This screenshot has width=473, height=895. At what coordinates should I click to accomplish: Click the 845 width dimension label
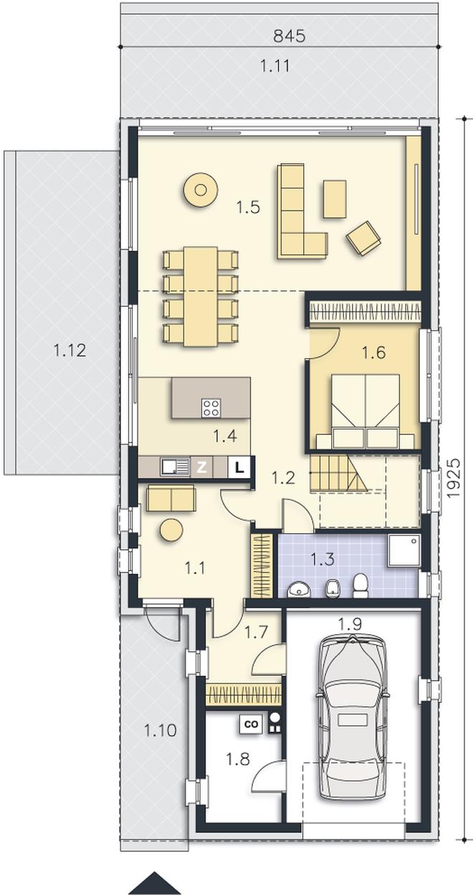[x=290, y=36]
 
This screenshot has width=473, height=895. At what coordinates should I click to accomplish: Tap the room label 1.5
[x=248, y=207]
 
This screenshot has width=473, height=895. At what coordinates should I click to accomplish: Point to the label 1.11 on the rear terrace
[x=275, y=65]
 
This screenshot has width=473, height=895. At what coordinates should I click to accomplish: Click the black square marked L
[x=239, y=466]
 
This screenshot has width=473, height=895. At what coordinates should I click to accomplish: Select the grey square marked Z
[x=202, y=466]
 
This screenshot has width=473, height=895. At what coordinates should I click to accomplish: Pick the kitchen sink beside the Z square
[x=175, y=466]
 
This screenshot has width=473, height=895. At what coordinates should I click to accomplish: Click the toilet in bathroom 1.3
[x=360, y=585]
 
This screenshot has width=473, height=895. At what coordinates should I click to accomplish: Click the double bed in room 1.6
[x=365, y=411]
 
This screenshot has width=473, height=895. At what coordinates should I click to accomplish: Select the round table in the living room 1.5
[x=201, y=189]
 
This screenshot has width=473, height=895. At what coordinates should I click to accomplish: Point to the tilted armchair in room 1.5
[x=363, y=238]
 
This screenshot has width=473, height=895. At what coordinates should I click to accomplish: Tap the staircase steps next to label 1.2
[x=339, y=474]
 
